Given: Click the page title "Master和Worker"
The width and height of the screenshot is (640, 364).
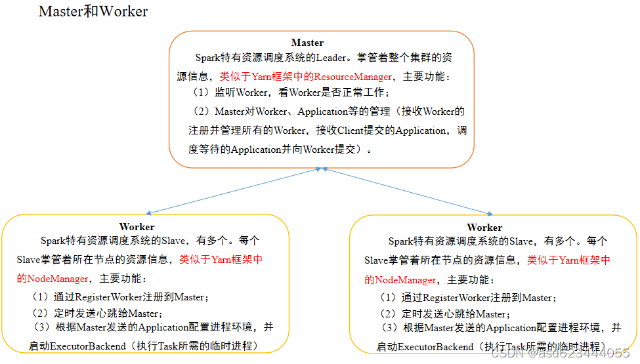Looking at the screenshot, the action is point(93,11).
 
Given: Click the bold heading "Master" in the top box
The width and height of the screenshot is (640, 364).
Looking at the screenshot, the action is point(307,43).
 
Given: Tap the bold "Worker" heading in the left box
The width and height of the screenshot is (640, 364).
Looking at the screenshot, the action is point(137,227).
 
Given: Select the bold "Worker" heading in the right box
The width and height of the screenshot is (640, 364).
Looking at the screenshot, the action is point(484,227).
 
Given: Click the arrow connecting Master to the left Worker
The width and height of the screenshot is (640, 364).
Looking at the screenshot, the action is point(233,190).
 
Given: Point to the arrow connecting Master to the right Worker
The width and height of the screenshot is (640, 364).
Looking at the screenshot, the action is point(407,190).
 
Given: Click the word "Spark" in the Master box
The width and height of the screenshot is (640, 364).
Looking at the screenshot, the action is point(208,58).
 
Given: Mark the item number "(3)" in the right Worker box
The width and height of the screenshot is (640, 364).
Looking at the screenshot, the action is point(391,327).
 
